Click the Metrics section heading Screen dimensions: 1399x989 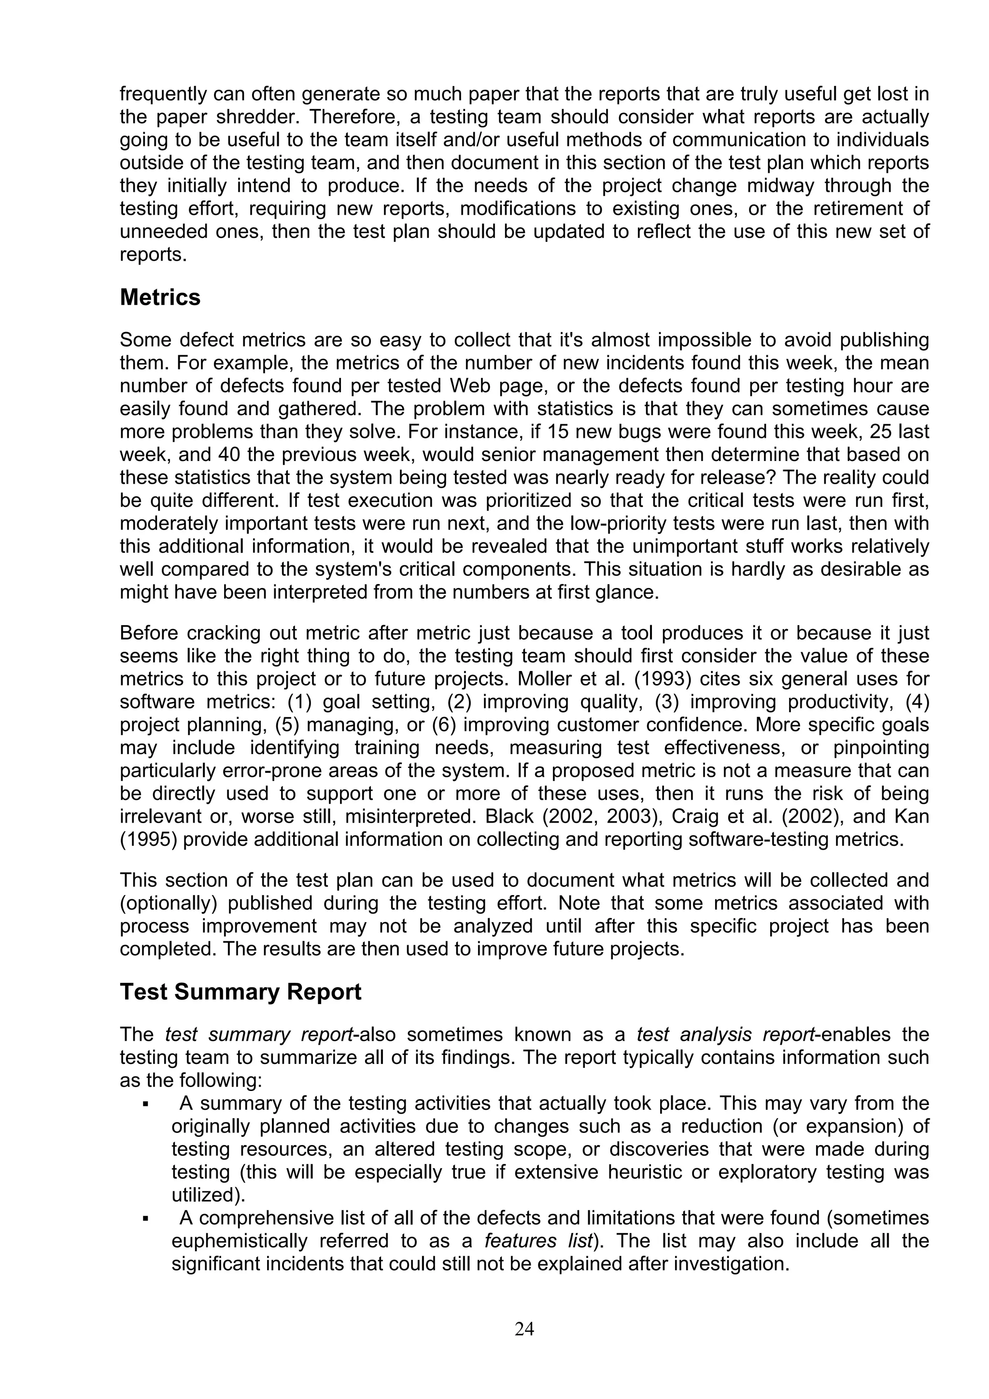point(160,297)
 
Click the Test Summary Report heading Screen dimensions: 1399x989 point(240,992)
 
